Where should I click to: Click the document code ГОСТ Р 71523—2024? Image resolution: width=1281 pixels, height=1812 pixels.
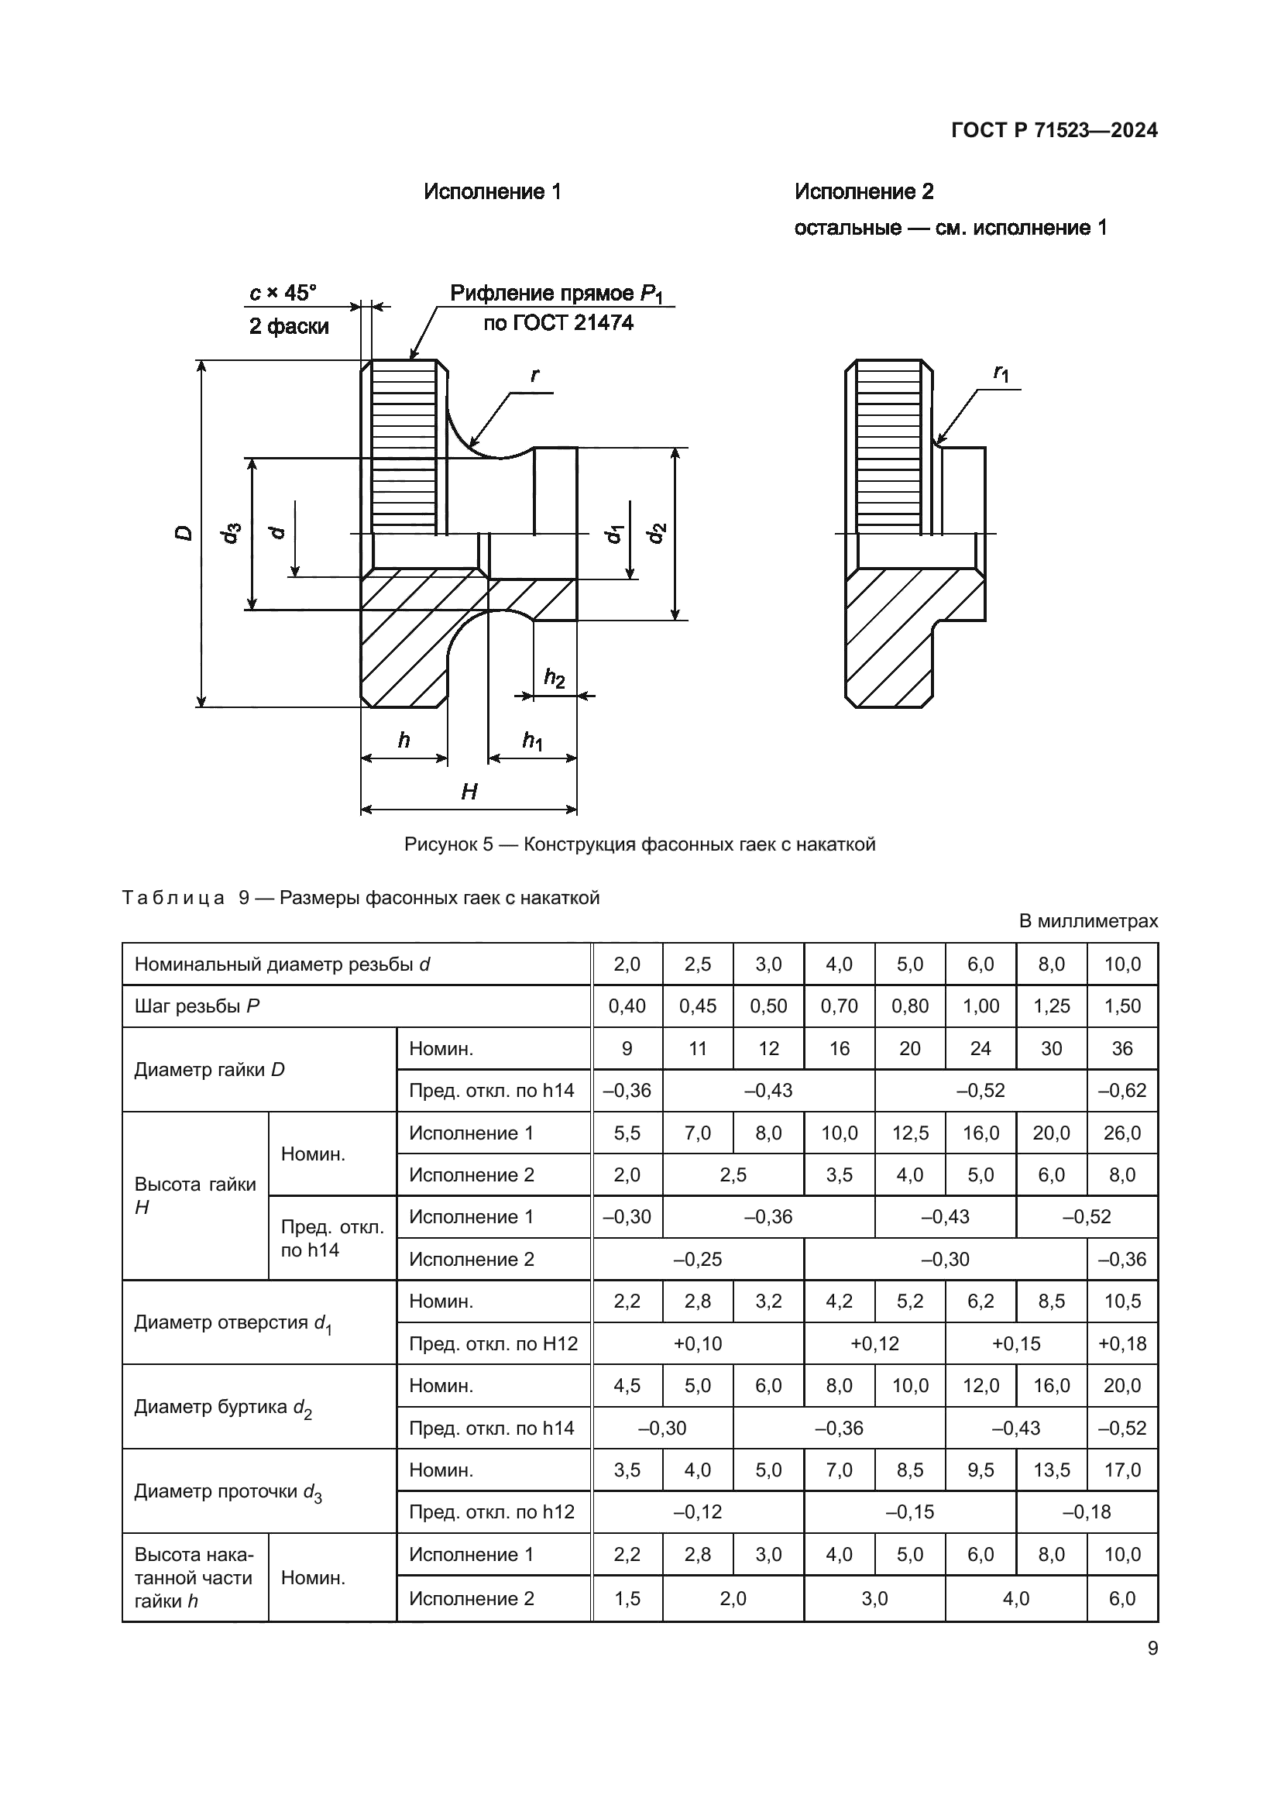pos(1054,130)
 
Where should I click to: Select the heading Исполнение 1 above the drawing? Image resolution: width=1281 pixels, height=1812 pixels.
pos(493,192)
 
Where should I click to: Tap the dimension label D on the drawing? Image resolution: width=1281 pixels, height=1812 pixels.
pos(184,533)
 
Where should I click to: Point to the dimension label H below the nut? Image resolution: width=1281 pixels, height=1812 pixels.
pos(469,792)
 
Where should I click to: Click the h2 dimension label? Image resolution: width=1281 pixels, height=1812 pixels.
pos(555,677)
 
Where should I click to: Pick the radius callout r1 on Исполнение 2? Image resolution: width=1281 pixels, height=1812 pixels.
pos(1001,373)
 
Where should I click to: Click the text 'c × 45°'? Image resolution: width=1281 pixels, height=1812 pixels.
pos(283,294)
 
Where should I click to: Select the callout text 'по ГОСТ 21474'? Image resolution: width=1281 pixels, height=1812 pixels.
pos(558,323)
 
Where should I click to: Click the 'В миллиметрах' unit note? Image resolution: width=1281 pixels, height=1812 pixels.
pos(1087,921)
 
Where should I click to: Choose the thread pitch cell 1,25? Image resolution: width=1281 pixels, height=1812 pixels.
pos(1051,1006)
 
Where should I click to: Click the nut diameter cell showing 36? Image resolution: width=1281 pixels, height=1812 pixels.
pos(1121,1049)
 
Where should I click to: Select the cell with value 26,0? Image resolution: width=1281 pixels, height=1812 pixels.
pos(1121,1133)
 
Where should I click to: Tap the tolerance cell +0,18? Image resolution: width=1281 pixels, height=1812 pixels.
pos(1121,1343)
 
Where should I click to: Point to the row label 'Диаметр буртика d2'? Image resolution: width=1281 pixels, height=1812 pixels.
pos(223,1407)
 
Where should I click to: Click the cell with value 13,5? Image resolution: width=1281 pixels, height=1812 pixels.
pos(1051,1470)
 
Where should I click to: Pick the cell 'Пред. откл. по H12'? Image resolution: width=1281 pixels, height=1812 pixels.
pos(493,1343)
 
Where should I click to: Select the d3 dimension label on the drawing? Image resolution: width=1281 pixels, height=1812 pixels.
pos(231,534)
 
